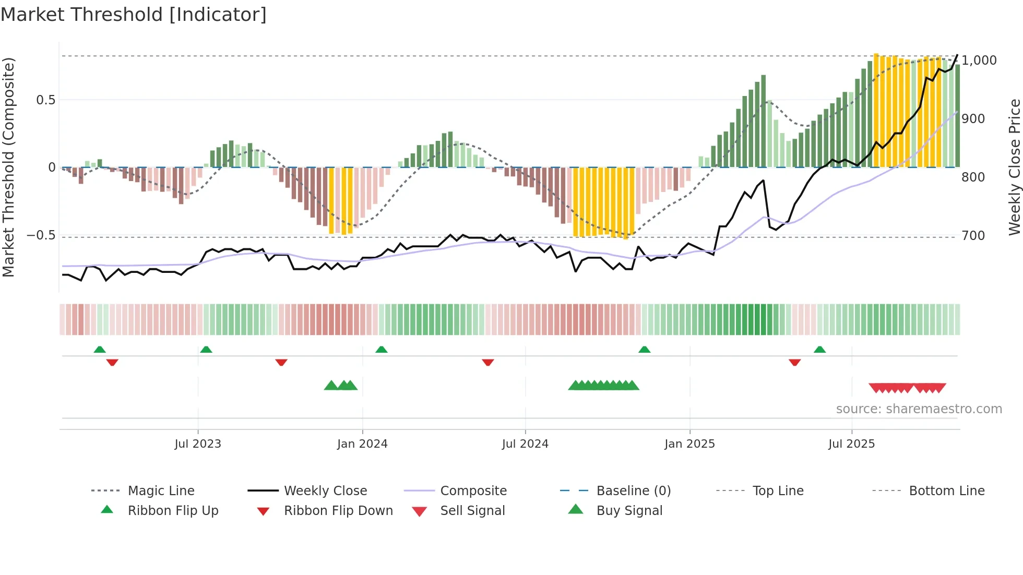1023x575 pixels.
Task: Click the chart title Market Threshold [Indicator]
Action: pos(134,15)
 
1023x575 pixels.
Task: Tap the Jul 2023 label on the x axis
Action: pos(198,444)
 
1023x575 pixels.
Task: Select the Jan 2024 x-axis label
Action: pos(362,444)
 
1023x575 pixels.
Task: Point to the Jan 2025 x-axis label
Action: pos(689,444)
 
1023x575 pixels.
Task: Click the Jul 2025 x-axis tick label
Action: pos(851,444)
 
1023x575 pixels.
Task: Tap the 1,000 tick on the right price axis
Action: pos(979,61)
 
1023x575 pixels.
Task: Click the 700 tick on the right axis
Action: pos(973,236)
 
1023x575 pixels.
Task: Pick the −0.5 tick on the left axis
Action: pos(41,235)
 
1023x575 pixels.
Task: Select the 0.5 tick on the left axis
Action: pos(45,100)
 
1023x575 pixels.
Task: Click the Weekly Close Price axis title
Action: pos(1014,167)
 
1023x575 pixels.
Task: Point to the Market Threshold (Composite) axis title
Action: pos(8,167)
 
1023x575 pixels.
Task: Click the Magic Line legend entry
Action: pos(161,491)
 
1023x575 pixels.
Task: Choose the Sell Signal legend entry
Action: pos(472,511)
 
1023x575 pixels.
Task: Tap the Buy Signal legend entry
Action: pos(629,511)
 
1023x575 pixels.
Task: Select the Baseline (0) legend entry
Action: pos(633,491)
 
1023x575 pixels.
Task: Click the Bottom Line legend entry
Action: pos(946,491)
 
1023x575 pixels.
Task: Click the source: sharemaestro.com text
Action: pos(919,409)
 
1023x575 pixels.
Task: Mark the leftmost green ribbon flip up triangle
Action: pos(100,350)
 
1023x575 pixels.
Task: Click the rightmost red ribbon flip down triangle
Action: pos(794,362)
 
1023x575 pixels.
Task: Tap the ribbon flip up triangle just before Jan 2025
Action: pos(645,350)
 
